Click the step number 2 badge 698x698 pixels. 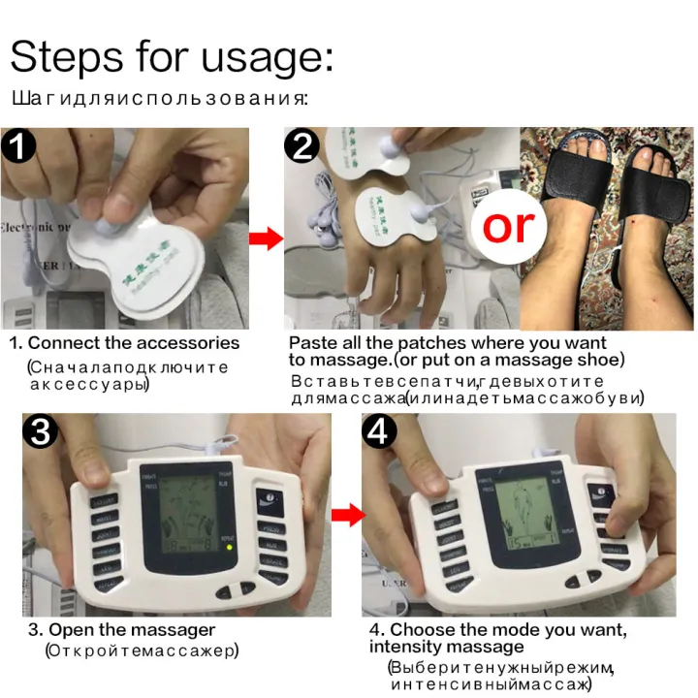[x=303, y=148]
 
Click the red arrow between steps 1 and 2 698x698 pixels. [x=263, y=238]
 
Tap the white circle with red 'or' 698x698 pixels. [x=508, y=225]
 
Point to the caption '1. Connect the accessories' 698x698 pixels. [x=124, y=342]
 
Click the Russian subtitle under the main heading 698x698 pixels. [x=160, y=98]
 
